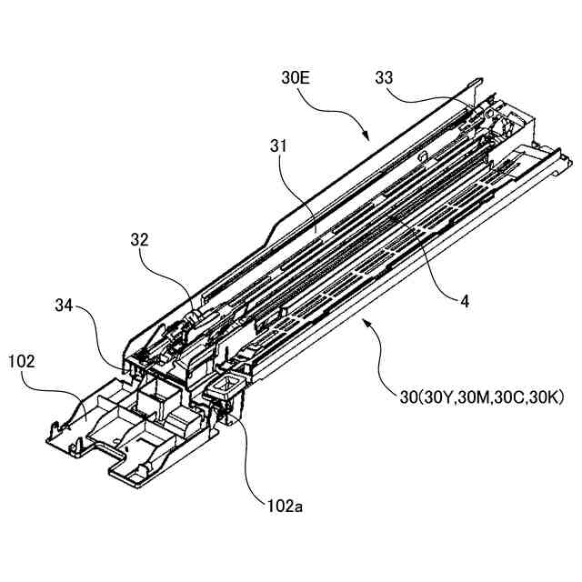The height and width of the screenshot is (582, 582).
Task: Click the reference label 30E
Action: (296, 79)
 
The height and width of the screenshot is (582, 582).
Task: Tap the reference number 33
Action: (385, 78)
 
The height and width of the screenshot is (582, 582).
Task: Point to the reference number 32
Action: (139, 241)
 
